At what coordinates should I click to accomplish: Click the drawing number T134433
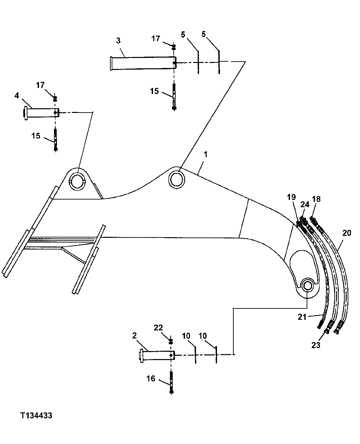(x=36, y=416)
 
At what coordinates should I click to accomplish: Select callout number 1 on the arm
(x=206, y=155)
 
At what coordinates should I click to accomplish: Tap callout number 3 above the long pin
(x=118, y=41)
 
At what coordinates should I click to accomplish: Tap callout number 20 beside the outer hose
(x=347, y=233)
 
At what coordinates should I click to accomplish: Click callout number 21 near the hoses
(x=302, y=317)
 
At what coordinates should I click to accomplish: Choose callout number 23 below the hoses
(x=316, y=345)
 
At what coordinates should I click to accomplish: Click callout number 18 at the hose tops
(x=316, y=199)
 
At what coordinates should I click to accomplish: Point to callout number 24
(x=305, y=205)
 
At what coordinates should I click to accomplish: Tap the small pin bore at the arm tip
(x=307, y=286)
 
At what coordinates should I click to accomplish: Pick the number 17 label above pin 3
(x=156, y=39)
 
